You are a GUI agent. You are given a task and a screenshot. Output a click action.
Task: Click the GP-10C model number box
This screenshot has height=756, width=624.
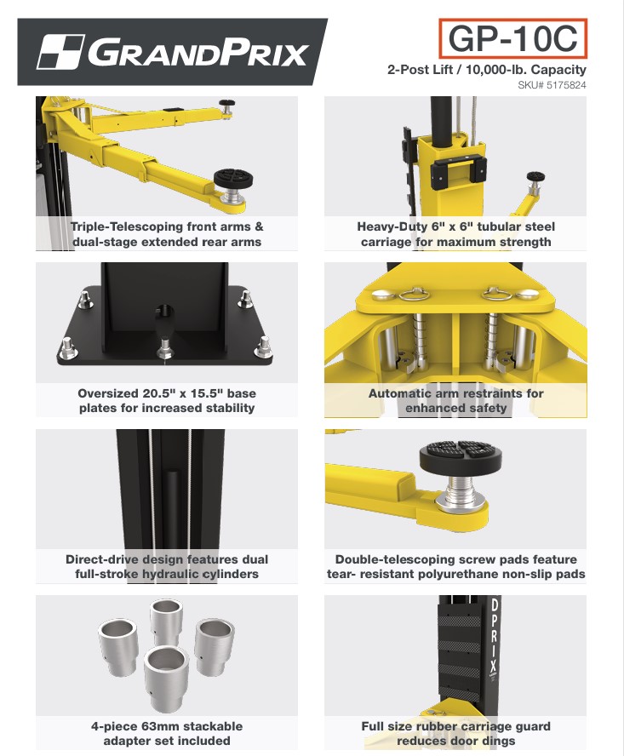pyautogui.click(x=512, y=38)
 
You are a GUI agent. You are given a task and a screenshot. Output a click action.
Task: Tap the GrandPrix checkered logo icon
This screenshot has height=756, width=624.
pyautogui.click(x=61, y=52)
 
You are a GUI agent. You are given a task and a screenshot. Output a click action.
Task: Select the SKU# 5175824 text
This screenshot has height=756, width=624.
pyautogui.click(x=552, y=85)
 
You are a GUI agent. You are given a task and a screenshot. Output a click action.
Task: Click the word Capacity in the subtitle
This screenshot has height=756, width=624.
pyautogui.click(x=558, y=70)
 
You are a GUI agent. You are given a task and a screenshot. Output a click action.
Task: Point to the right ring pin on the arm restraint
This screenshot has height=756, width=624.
pyautogui.click(x=495, y=293)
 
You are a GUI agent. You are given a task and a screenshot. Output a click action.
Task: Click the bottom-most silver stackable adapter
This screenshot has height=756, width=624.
pyautogui.click(x=165, y=679)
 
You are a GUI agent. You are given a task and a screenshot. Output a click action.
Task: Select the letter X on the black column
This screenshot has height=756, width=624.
pyautogui.click(x=493, y=666)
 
